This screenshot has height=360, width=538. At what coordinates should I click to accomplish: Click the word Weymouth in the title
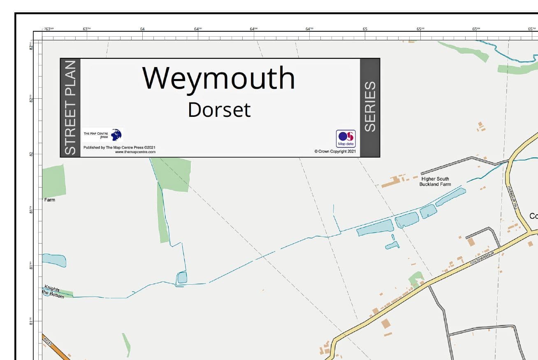click(219, 78)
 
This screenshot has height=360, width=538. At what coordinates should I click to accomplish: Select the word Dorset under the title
click(219, 110)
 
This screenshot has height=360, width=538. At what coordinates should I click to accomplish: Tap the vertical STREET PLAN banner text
click(70, 107)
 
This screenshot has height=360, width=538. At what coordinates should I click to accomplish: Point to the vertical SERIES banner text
click(370, 107)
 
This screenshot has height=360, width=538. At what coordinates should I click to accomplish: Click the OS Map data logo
click(346, 139)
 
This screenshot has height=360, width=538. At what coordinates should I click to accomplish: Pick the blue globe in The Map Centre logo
click(116, 135)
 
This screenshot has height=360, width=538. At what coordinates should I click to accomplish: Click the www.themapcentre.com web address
click(135, 152)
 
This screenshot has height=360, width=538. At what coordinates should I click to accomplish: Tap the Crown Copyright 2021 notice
click(335, 151)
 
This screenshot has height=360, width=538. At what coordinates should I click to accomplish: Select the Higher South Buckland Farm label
click(435, 181)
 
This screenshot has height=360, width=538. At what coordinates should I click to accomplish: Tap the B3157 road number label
click(48, 341)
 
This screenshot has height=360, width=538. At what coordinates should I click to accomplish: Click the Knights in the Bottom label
click(53, 292)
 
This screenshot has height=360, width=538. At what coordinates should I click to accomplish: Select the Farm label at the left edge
click(49, 200)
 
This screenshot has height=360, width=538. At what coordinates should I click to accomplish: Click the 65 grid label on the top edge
click(365, 29)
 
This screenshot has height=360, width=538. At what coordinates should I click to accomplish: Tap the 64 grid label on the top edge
click(142, 29)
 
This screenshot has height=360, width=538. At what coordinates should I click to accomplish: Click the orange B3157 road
click(58, 350)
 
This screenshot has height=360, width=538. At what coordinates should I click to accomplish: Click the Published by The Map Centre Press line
click(119, 147)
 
